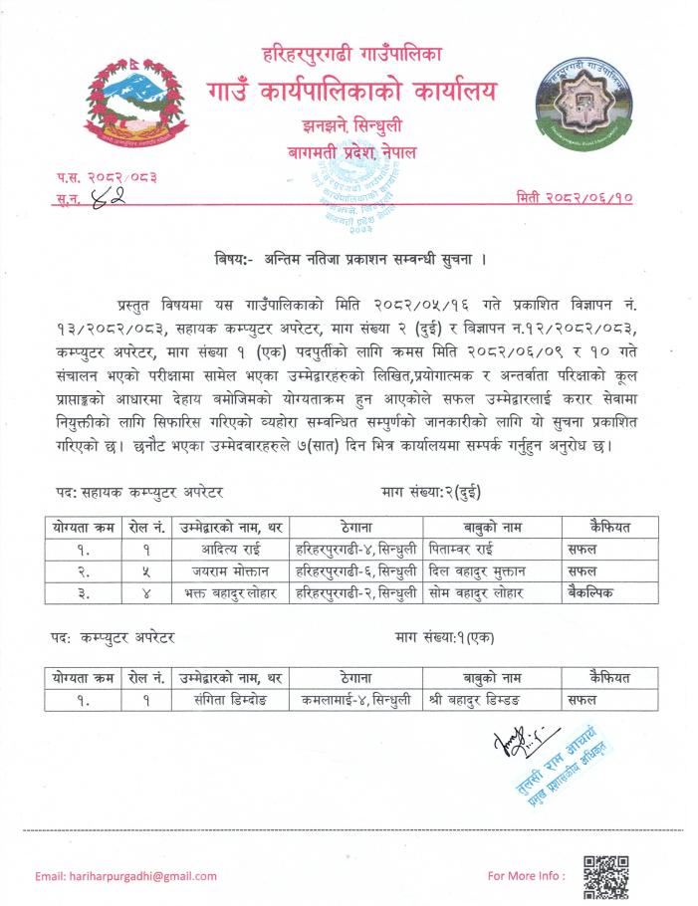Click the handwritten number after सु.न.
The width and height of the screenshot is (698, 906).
click(101, 197)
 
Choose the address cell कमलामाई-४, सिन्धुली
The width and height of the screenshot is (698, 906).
click(355, 700)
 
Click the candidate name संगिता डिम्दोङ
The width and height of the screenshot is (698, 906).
click(230, 700)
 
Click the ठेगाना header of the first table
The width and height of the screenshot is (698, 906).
click(355, 526)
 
